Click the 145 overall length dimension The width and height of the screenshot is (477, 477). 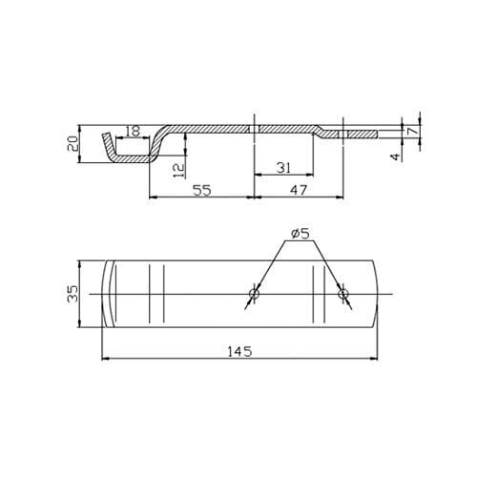point(239,351)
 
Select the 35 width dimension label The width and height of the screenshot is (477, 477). point(73,294)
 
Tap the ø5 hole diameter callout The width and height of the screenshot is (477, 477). point(300,234)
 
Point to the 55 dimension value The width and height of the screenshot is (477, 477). point(202,190)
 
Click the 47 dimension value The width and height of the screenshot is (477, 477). point(299,190)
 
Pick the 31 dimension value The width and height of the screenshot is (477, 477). point(283,168)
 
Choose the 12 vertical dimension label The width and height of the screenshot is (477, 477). point(179,171)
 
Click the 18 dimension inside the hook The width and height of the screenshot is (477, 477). point(132,131)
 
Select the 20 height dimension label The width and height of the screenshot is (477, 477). point(73,143)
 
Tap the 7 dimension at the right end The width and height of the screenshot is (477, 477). point(412,131)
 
